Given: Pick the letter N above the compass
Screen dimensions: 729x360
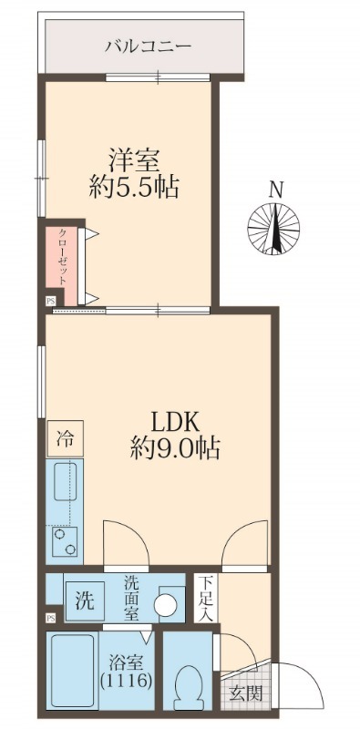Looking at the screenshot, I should pyautogui.click(x=275, y=190).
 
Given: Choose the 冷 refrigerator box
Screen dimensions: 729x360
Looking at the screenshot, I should pyautogui.click(x=66, y=438).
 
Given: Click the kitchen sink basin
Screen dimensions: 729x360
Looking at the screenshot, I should pyautogui.click(x=67, y=482).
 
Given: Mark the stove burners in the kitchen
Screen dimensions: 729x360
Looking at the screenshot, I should pyautogui.click(x=66, y=544).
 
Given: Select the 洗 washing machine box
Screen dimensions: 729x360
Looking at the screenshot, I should pyautogui.click(x=85, y=601).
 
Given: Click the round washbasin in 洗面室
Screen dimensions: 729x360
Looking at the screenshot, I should pyautogui.click(x=166, y=605).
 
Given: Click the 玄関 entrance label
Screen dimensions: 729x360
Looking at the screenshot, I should pyautogui.click(x=246, y=693).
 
